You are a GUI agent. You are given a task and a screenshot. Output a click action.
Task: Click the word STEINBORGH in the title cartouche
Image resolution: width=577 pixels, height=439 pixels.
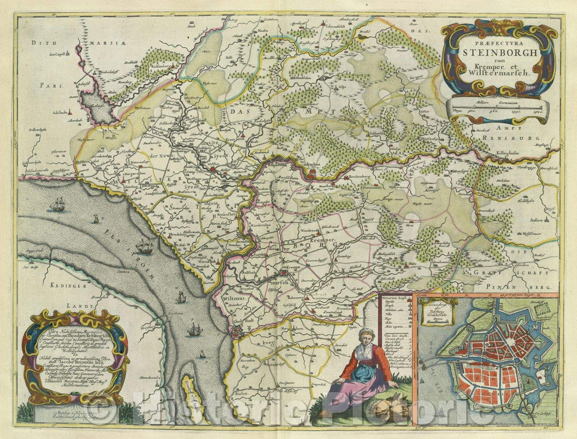[x=493, y=52]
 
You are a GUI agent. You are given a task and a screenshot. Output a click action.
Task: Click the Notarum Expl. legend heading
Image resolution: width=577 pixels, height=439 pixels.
[x=396, y=295]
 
